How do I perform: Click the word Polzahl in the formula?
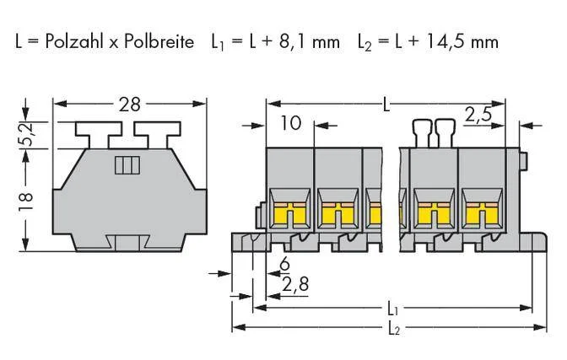74,41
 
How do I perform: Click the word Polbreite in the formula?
159,41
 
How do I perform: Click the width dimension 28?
129,105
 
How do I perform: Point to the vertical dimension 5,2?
27,134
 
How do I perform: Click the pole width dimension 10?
291,123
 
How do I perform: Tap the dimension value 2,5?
478,115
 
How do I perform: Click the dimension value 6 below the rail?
285,264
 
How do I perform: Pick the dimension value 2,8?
296,284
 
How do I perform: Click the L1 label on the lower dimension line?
392,309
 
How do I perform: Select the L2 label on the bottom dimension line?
394,329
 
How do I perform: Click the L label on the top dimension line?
386,105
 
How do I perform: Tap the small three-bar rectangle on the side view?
127,165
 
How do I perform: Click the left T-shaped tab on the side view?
99,134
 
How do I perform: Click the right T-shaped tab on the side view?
157,134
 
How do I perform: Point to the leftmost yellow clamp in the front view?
290,213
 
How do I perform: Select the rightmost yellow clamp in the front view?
483,213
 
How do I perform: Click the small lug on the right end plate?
523,161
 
